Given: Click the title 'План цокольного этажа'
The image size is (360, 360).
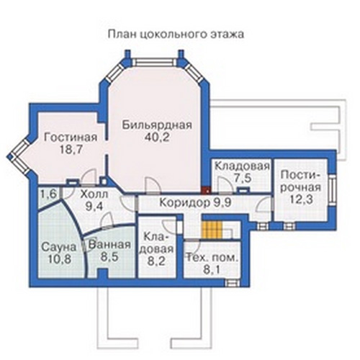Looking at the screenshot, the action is [x=176, y=35].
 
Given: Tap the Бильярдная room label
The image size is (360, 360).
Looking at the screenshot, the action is [x=157, y=125].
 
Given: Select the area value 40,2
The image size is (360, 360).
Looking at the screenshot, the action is [x=157, y=138].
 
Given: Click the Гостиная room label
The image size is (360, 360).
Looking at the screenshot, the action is [x=71, y=138].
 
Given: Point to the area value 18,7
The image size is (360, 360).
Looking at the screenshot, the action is [x=71, y=150].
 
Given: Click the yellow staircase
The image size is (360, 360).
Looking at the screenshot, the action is [x=212, y=230].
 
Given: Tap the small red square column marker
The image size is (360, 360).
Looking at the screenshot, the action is [x=206, y=190].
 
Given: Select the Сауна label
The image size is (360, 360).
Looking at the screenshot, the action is [x=58, y=247].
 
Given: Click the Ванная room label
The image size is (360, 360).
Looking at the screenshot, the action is [x=109, y=245].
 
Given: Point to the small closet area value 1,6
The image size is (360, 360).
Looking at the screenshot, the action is [x=48, y=194].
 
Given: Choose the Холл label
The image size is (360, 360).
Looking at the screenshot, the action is [x=94, y=194].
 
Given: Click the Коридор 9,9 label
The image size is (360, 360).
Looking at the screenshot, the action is [x=195, y=203].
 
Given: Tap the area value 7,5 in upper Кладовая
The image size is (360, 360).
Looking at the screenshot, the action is [x=243, y=179].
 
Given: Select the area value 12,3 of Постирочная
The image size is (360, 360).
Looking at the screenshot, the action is [x=301, y=199].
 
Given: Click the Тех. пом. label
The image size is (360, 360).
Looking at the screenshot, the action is [x=212, y=258].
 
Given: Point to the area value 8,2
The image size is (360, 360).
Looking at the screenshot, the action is [x=156, y=261].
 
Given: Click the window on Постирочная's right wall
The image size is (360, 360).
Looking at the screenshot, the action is [x=332, y=189].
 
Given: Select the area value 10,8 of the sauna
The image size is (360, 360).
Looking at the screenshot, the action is [x=60, y=259].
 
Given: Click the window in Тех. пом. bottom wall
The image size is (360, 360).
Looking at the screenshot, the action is [x=232, y=283].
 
